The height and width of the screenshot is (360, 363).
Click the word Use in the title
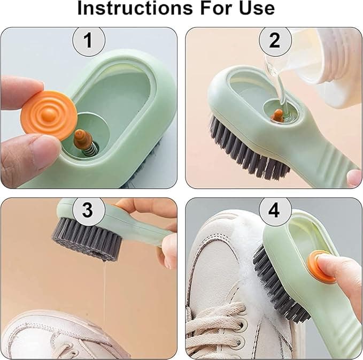tap(255, 9)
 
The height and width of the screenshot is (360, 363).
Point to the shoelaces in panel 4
tap(214, 326)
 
